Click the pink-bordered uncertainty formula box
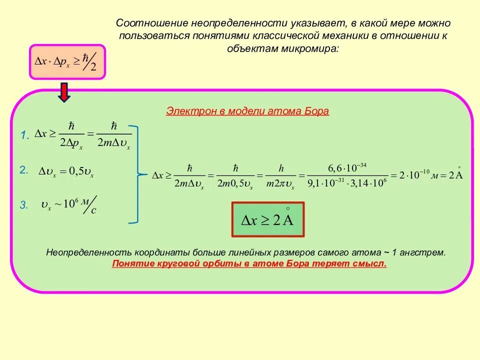coord(67,62)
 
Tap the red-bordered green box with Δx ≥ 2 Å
coord(267,219)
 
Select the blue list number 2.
coord(24,170)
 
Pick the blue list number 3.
coord(24,205)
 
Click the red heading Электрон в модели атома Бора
coord(247,111)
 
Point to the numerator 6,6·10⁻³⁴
coord(347,166)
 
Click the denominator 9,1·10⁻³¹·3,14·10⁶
coord(347,183)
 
